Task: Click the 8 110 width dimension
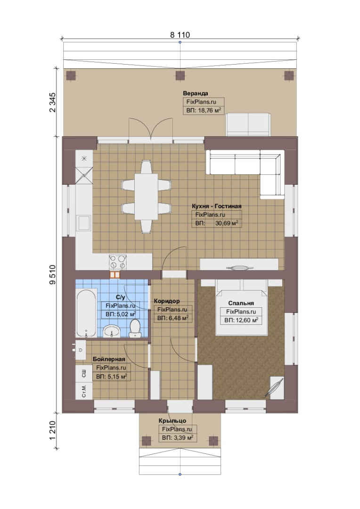point(180,35)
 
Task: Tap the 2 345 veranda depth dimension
point(53,103)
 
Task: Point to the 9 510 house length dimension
point(53,275)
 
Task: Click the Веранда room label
point(196,93)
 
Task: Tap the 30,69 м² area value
point(227,223)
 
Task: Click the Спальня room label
point(241,303)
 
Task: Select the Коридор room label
point(167,301)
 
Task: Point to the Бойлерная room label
point(109,359)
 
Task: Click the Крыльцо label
point(172,421)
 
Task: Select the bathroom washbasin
point(112,331)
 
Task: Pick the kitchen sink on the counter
point(83,223)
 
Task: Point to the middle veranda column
point(180,75)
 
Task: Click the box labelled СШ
point(84,373)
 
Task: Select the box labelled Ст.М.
point(84,391)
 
